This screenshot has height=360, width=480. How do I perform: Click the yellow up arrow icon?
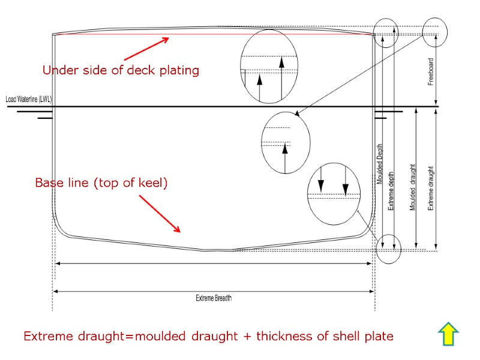tap(449, 334)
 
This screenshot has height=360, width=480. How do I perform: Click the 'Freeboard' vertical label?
tap(431, 72)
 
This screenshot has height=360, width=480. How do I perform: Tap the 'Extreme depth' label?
tap(391, 190)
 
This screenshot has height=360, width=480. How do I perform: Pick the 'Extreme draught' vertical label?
tap(431, 188)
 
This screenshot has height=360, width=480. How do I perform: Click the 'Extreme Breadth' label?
tap(214, 298)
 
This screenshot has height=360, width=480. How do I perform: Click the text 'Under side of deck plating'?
tap(121, 70)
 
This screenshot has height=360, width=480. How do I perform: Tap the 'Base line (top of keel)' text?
tap(101, 183)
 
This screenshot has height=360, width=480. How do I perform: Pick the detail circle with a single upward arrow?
tap(286, 143)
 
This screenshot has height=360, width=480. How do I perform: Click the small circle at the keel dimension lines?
tap(388, 248)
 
